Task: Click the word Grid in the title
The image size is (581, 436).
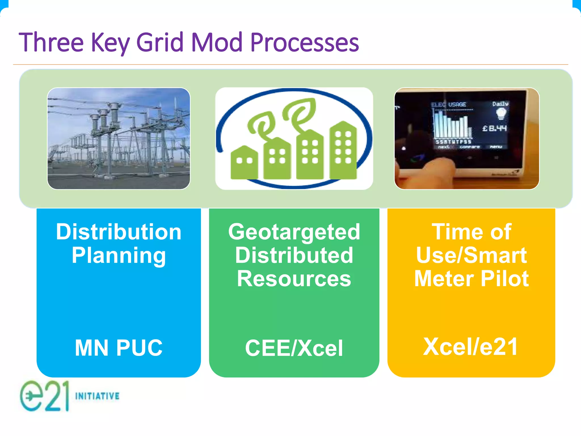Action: [160, 43]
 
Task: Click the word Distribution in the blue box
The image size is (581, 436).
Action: [119, 232]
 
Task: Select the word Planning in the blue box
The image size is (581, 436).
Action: [119, 255]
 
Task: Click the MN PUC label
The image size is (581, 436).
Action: [119, 348]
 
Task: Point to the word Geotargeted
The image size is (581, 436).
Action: [294, 232]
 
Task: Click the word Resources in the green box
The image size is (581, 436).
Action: [294, 279]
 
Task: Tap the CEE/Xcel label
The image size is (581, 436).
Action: [294, 348]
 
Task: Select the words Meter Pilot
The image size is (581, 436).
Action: [471, 279]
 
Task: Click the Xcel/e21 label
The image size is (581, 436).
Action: [470, 347]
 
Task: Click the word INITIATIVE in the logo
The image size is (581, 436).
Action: [97, 396]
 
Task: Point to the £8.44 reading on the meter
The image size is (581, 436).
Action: [494, 128]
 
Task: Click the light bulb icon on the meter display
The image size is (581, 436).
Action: [501, 114]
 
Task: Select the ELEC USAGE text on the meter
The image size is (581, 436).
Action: [449, 104]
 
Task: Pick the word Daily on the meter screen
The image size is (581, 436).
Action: [500, 104]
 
